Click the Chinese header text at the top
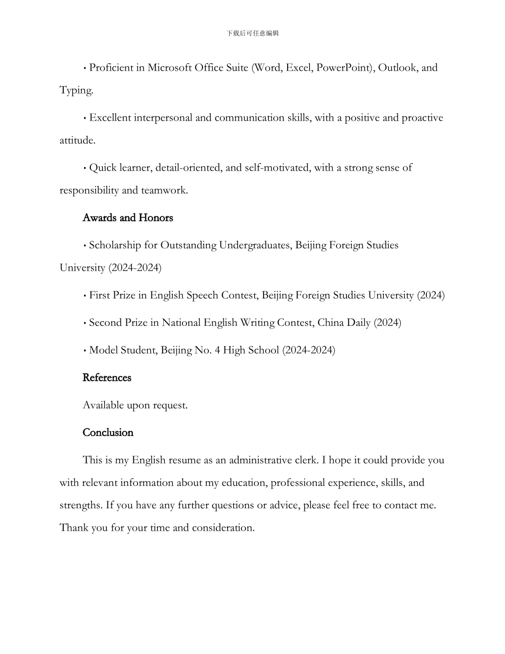(x=252, y=33)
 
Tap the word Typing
(x=76, y=90)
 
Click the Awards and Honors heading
(x=128, y=217)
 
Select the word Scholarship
(x=115, y=245)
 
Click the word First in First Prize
(x=99, y=295)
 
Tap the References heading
(x=107, y=378)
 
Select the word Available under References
(x=103, y=405)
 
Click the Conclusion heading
(x=108, y=432)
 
